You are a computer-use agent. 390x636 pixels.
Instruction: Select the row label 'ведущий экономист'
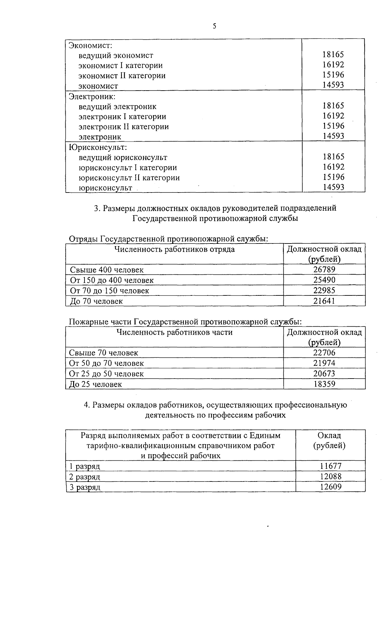116,56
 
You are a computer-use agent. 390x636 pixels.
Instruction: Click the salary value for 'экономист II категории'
333,75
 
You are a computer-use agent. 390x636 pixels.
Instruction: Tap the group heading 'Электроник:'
92,96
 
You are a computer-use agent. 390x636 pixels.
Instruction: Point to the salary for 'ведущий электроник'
333,106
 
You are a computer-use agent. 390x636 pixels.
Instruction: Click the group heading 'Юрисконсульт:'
97,147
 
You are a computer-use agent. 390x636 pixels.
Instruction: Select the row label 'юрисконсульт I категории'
128,168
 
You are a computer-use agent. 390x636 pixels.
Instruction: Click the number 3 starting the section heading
96,208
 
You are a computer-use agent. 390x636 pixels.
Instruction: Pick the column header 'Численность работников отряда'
175,249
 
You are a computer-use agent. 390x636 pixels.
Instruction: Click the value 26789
324,270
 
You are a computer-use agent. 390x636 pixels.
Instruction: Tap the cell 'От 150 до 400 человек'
112,280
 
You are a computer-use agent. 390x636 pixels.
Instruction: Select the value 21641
324,301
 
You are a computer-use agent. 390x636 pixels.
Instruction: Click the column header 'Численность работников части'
175,332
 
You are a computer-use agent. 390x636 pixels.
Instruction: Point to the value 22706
324,353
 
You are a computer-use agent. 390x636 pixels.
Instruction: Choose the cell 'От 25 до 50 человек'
107,374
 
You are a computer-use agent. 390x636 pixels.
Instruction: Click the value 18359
324,384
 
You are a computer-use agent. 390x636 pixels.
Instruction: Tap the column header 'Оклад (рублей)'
329,441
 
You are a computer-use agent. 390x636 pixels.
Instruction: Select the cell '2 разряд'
85,477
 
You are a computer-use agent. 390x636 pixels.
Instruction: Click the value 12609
331,487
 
